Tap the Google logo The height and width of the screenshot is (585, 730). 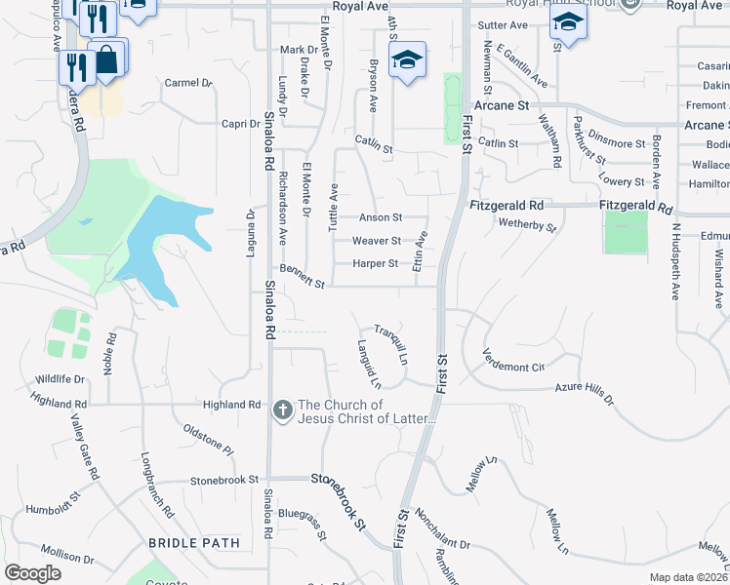tap(32, 573)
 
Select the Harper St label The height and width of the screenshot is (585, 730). tap(376, 263)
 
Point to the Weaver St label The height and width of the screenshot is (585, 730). tap(377, 241)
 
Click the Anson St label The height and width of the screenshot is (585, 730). tap(381, 217)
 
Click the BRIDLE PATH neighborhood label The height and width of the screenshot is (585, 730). tap(193, 542)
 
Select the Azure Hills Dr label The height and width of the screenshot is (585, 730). tap(584, 393)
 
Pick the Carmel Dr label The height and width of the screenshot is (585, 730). tap(188, 83)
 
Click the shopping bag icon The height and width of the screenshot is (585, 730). tap(106, 59)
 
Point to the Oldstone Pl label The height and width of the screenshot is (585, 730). tap(209, 440)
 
